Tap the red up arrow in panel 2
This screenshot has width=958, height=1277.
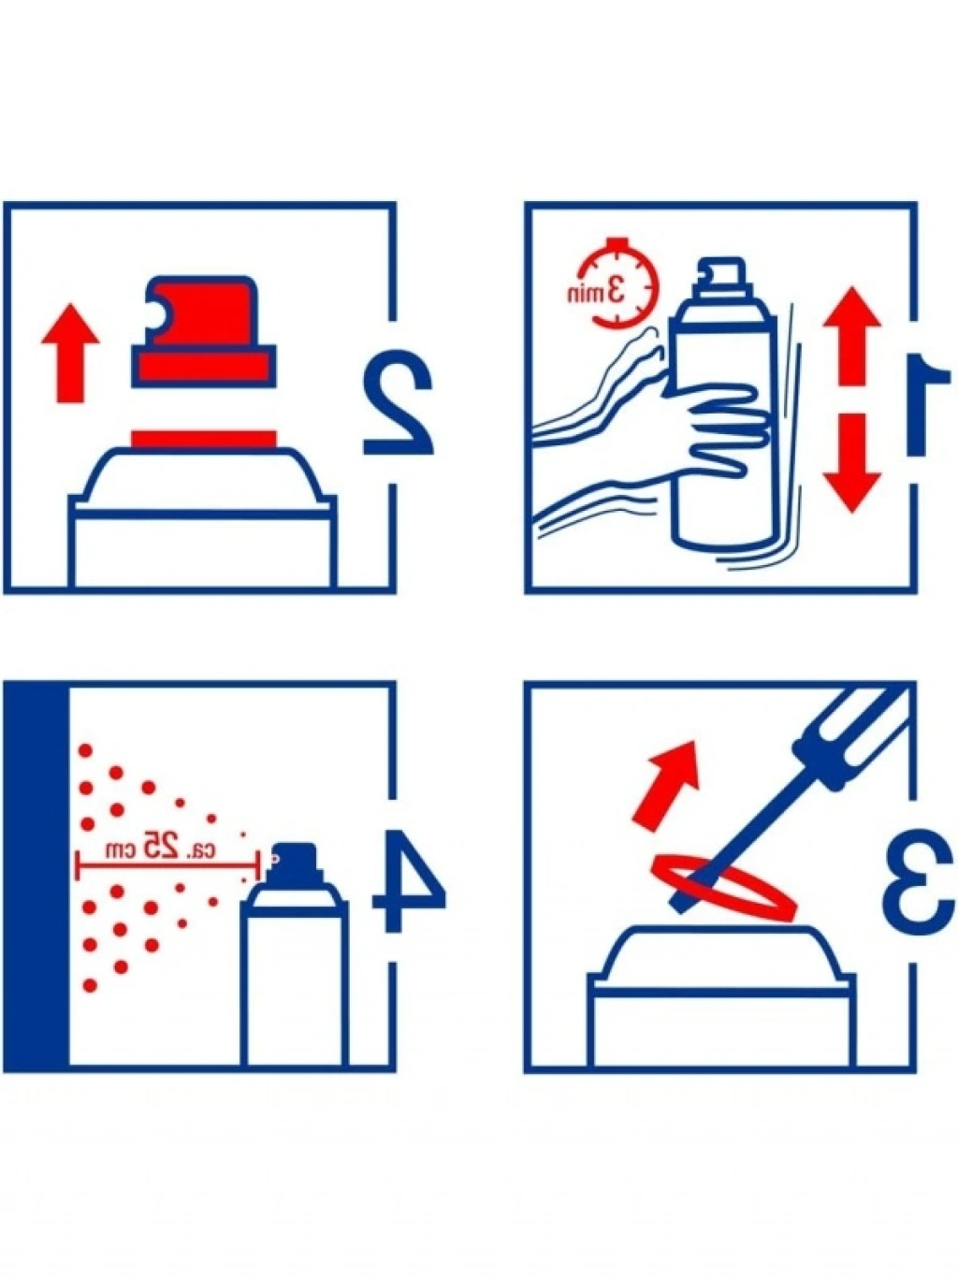tap(70, 353)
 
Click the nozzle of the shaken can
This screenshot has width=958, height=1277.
tap(723, 271)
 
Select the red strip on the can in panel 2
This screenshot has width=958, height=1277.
tap(203, 440)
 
